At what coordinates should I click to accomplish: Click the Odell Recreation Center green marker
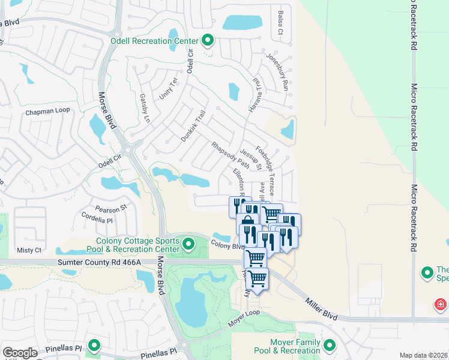click(x=208, y=40)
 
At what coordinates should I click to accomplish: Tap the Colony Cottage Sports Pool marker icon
click(x=189, y=244)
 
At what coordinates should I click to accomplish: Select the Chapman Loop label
click(x=47, y=111)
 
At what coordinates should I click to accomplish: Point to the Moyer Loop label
click(x=244, y=319)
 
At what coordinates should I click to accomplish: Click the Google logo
click(x=20, y=353)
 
